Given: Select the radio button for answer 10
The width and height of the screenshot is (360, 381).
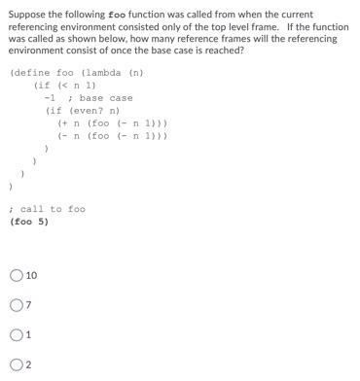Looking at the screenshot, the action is pos(16,276).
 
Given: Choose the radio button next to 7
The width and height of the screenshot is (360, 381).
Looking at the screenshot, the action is pos(16,306).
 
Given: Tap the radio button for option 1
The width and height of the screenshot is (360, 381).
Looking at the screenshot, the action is pos(16,336).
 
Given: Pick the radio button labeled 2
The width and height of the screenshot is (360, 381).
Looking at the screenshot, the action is pos(16,365).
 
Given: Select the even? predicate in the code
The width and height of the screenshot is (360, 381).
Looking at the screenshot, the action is pos(87,111).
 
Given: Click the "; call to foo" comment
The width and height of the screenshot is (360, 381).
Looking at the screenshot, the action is pos(48,209).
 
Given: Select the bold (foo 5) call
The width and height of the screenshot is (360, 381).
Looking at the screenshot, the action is pos(28,222).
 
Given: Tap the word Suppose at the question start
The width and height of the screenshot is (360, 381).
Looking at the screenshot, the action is pos(26,15).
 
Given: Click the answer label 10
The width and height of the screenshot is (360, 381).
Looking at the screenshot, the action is pos(32,276).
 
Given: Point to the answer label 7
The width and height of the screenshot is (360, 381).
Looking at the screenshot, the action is pos(29,306).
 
